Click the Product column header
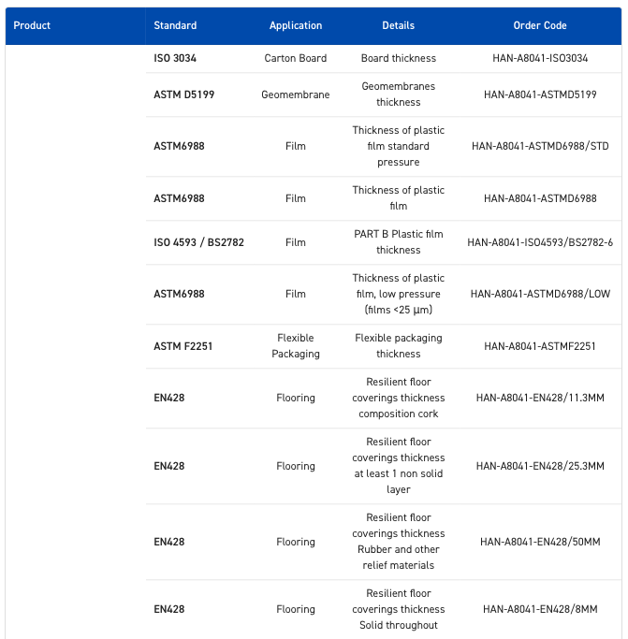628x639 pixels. tap(32, 25)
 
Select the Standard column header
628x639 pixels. tap(175, 25)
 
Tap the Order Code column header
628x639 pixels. tap(540, 25)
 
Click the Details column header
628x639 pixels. tap(398, 25)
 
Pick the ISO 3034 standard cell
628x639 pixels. tap(175, 58)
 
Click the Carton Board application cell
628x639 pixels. tap(296, 58)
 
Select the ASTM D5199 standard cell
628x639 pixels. tap(184, 94)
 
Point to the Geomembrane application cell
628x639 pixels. tap(296, 94)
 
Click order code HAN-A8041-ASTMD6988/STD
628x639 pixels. tap(540, 146)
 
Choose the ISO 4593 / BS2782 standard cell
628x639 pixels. tap(198, 242)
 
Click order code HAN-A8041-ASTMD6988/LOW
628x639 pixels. tap(540, 294)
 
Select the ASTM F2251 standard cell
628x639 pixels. tap(183, 346)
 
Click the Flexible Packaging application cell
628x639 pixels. tap(296, 346)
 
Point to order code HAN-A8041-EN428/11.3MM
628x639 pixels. tap(540, 398)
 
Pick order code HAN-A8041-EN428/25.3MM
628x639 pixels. tap(540, 466)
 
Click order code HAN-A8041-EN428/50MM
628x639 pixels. tap(540, 542)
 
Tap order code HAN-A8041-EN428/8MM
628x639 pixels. tap(540, 609)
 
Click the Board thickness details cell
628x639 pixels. tap(399, 58)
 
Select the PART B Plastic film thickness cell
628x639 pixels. tap(399, 242)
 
